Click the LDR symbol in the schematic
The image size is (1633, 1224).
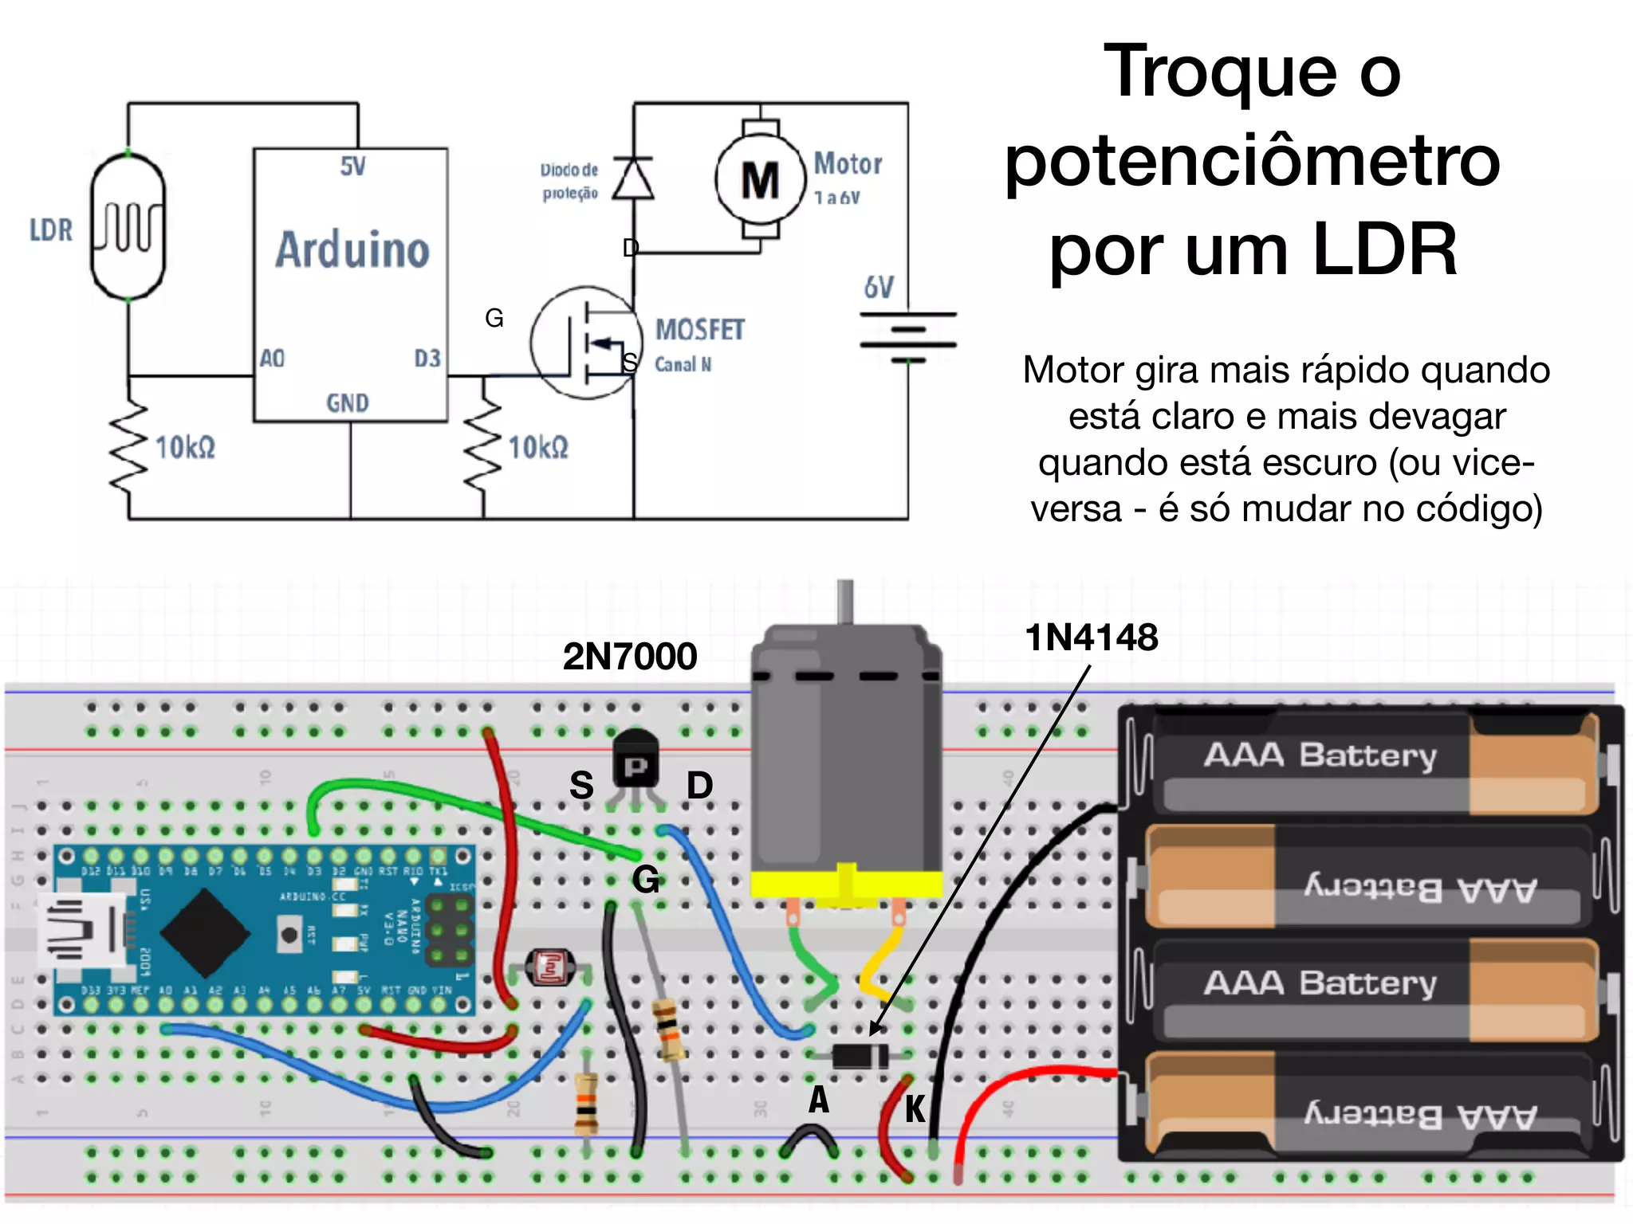click(128, 227)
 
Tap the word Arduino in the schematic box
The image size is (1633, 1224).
click(352, 249)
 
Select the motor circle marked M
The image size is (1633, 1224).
click(760, 179)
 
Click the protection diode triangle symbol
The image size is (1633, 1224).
click(634, 178)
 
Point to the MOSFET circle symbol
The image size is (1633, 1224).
click(586, 343)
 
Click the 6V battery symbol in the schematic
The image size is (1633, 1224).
click(907, 337)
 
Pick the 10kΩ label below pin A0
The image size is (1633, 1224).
click(185, 448)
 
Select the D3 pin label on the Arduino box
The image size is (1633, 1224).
click(427, 359)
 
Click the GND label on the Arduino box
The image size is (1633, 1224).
click(348, 403)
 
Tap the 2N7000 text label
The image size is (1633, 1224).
click(629, 657)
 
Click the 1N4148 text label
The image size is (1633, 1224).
click(1091, 637)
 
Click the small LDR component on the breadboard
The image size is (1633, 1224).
click(550, 967)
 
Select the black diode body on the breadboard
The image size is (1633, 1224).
click(860, 1057)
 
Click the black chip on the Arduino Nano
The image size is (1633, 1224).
click(206, 933)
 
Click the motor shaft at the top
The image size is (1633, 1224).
click(845, 601)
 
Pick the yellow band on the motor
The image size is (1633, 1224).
click(845, 883)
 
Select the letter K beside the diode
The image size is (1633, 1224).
click(915, 1108)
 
